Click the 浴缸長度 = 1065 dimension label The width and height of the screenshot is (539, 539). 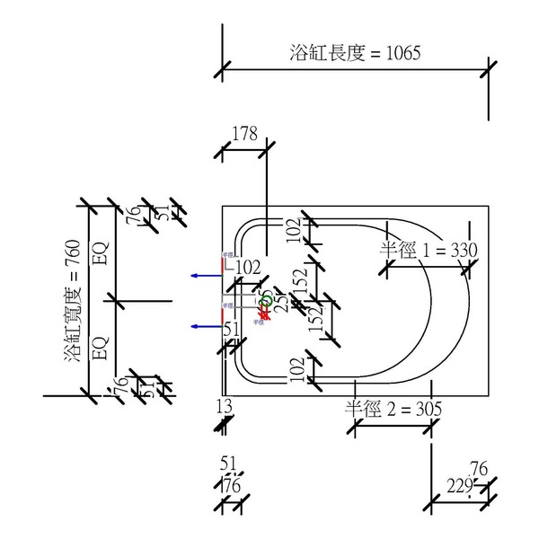356,52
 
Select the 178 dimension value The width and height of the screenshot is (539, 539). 244,134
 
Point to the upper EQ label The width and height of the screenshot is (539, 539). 101,254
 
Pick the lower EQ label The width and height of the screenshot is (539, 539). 101,347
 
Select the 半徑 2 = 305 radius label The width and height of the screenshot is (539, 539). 393,408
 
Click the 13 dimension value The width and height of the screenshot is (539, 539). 225,406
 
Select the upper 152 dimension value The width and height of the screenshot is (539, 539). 301,280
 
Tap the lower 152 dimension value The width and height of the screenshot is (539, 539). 315,319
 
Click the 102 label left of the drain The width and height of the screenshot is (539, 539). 244,267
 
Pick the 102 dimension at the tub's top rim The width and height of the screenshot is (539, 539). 293,230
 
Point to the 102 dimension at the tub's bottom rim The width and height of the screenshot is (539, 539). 293,368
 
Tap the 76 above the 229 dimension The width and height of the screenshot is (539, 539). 479,468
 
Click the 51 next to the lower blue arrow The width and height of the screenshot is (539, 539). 231,330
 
